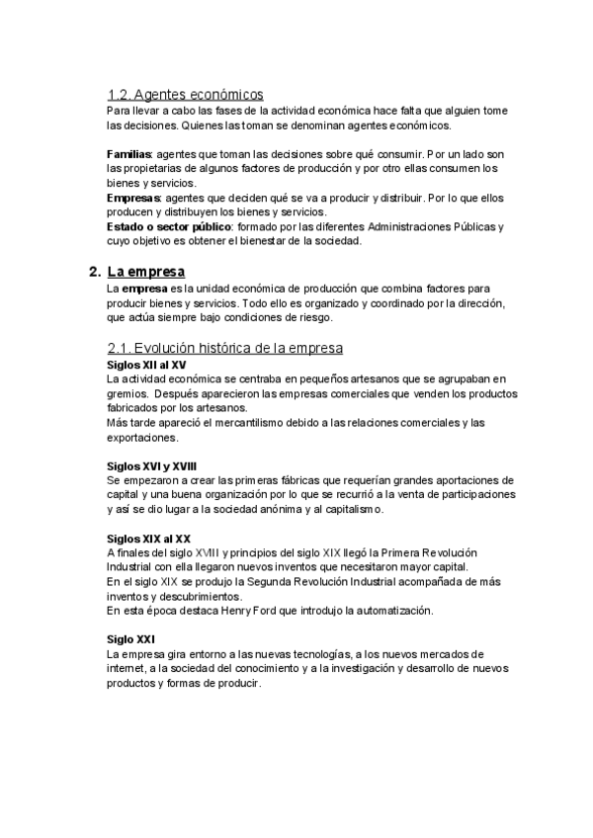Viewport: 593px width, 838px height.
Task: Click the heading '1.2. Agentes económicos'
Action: (x=185, y=95)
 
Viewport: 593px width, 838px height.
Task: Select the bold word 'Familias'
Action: (x=128, y=155)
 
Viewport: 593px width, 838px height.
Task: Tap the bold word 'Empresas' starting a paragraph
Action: (x=132, y=198)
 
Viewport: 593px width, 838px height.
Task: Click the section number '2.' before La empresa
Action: (x=94, y=271)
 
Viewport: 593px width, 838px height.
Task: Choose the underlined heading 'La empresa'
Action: (x=145, y=271)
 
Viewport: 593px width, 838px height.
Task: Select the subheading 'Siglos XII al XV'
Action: (x=145, y=365)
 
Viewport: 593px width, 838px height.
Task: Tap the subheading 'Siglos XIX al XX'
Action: (x=148, y=539)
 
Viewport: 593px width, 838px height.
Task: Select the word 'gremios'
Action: (x=125, y=393)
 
